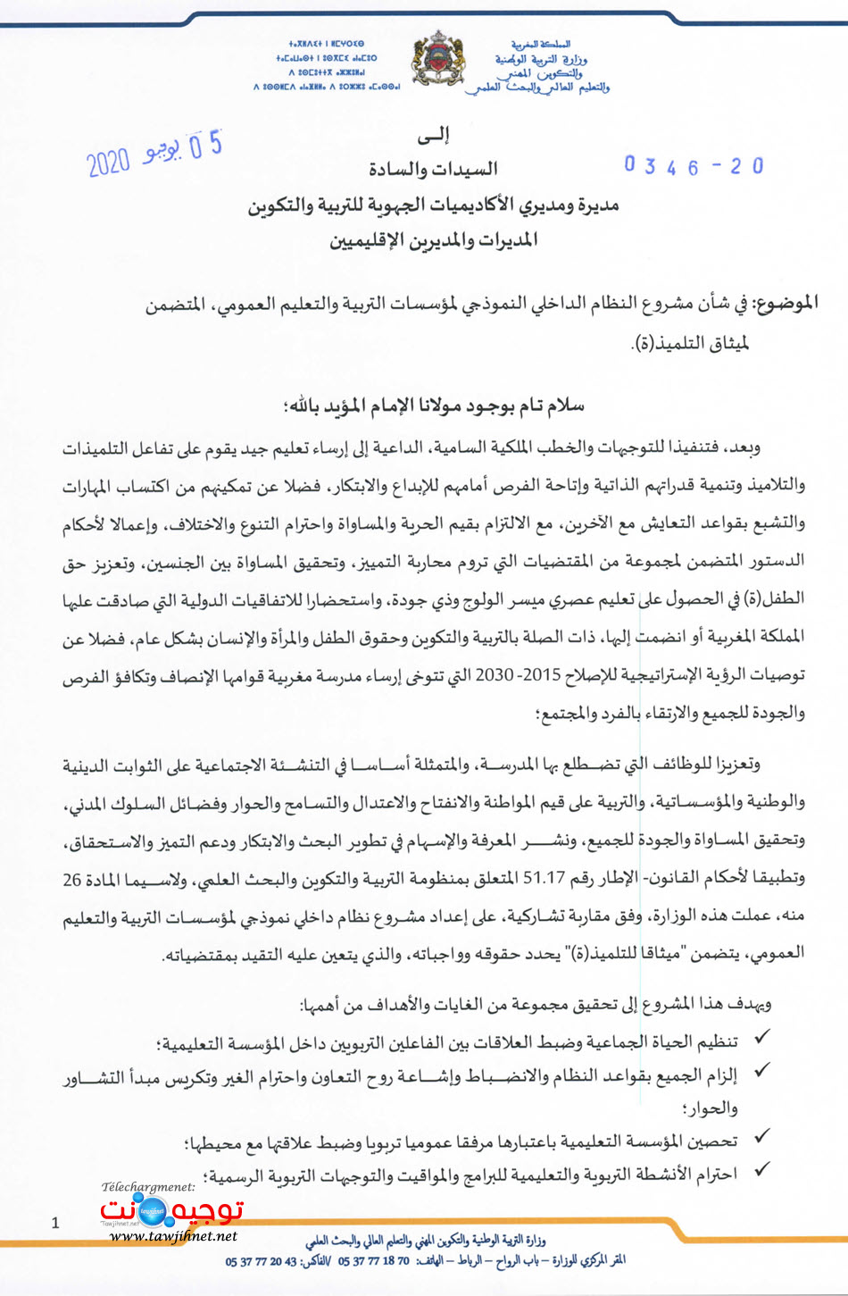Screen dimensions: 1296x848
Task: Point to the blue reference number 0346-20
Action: tap(694, 166)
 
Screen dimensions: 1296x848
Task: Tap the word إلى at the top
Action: tap(433, 136)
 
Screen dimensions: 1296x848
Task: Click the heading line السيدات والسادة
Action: tap(433, 170)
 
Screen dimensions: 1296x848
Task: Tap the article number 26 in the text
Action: tap(72, 879)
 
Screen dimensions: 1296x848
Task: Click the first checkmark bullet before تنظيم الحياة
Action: tap(762, 1038)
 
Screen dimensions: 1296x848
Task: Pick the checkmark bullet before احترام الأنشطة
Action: tap(762, 1170)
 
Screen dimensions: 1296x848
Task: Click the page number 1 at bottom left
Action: tap(55, 1223)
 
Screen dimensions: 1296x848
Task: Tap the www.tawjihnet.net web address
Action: tap(174, 1236)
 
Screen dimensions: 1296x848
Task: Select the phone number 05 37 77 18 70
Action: tap(373, 1261)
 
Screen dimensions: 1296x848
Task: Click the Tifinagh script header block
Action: tap(327, 65)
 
